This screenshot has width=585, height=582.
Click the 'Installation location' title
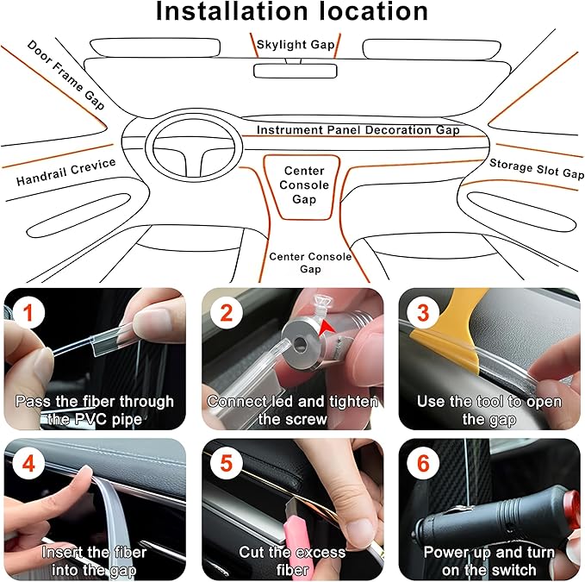(x=292, y=12)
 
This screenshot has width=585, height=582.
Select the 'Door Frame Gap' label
(x=65, y=74)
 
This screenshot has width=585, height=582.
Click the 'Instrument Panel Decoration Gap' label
(x=358, y=130)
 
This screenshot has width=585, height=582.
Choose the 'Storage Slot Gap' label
(x=536, y=168)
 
